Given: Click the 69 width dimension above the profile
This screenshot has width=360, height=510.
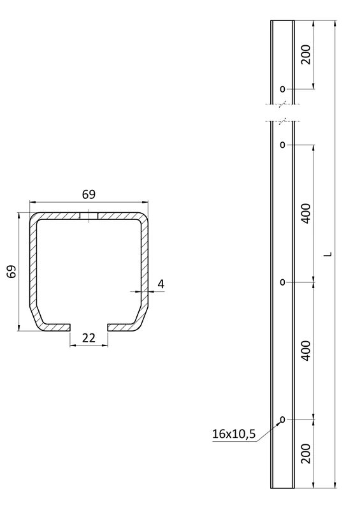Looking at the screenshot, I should coord(89,194).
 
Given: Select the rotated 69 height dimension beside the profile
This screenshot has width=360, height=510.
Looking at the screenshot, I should coord(11,272).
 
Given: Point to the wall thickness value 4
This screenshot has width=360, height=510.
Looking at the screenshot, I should coord(161,284).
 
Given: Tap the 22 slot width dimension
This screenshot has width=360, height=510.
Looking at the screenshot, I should coord(89,338).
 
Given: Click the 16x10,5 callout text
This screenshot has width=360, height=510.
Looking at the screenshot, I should coord(233,435).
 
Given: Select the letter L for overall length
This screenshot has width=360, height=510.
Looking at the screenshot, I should coord(328,254).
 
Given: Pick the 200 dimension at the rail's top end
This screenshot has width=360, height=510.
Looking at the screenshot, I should coord(305,55).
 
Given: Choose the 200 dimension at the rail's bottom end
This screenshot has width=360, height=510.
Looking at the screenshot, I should coord(305,453).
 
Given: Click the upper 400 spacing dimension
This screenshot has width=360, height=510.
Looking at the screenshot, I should coord(305,213).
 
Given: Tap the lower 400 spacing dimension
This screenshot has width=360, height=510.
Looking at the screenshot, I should coord(305,351).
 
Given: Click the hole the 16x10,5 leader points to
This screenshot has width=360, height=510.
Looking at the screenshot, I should coord(282,419).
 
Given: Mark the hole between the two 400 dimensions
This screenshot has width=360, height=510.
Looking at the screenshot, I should coord(282,282).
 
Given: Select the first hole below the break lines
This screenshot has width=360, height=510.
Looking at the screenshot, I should coord(282,145).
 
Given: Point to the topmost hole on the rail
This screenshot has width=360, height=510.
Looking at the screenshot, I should coord(282,89).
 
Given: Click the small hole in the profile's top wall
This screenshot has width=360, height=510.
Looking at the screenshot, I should coord(89,216).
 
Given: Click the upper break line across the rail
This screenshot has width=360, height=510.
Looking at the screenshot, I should coord(282,104).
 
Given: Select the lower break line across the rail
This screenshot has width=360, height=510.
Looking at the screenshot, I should coord(282,120).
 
